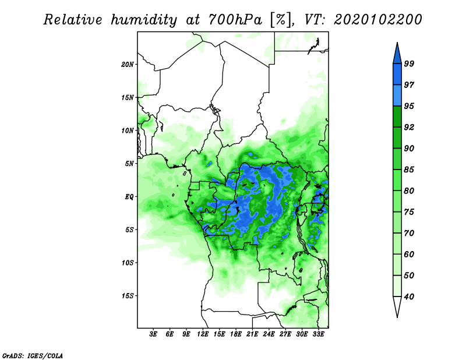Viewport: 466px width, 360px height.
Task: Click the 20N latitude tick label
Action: [128, 65]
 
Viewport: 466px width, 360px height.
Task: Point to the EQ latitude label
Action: [129, 197]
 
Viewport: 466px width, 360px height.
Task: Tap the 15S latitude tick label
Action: [128, 296]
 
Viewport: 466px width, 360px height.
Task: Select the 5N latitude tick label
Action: [129, 164]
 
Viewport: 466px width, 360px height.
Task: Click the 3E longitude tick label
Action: [153, 334]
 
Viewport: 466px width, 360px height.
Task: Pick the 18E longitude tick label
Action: [236, 334]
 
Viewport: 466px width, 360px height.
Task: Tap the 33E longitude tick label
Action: [318, 334]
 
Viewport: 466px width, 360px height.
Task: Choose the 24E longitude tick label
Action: [269, 334]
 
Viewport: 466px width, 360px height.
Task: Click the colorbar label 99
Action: [409, 63]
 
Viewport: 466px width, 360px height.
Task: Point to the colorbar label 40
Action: [409, 297]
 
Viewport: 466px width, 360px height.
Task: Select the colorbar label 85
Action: [409, 170]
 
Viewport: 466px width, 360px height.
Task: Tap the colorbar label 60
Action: [409, 254]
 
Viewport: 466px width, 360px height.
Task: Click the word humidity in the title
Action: [144, 20]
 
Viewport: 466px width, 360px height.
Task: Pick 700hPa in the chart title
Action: [235, 20]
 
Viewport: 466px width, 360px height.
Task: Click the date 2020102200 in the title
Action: [377, 20]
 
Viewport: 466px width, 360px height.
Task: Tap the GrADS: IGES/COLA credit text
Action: [33, 355]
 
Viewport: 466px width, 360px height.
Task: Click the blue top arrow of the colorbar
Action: [397, 53]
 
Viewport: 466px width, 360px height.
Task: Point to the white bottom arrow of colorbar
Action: [397, 307]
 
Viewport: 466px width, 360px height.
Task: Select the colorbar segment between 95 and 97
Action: [397, 96]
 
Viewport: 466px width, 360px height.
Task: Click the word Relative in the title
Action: [73, 20]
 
